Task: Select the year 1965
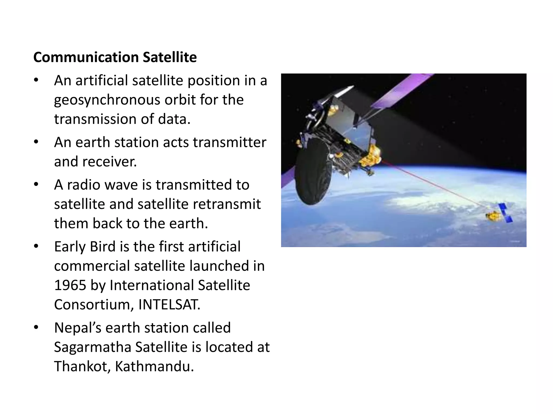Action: pyautogui.click(x=70, y=285)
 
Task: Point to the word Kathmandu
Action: pyautogui.click(x=154, y=367)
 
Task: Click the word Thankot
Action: pyautogui.click(x=82, y=367)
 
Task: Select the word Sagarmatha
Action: pyautogui.click(x=93, y=347)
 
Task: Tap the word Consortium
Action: pyautogui.click(x=94, y=305)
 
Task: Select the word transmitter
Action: pyautogui.click(x=229, y=142)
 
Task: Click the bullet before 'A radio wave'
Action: pyautogui.click(x=36, y=185)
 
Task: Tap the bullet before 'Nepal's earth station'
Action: pyautogui.click(x=36, y=328)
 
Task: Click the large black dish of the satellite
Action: pyautogui.click(x=313, y=175)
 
